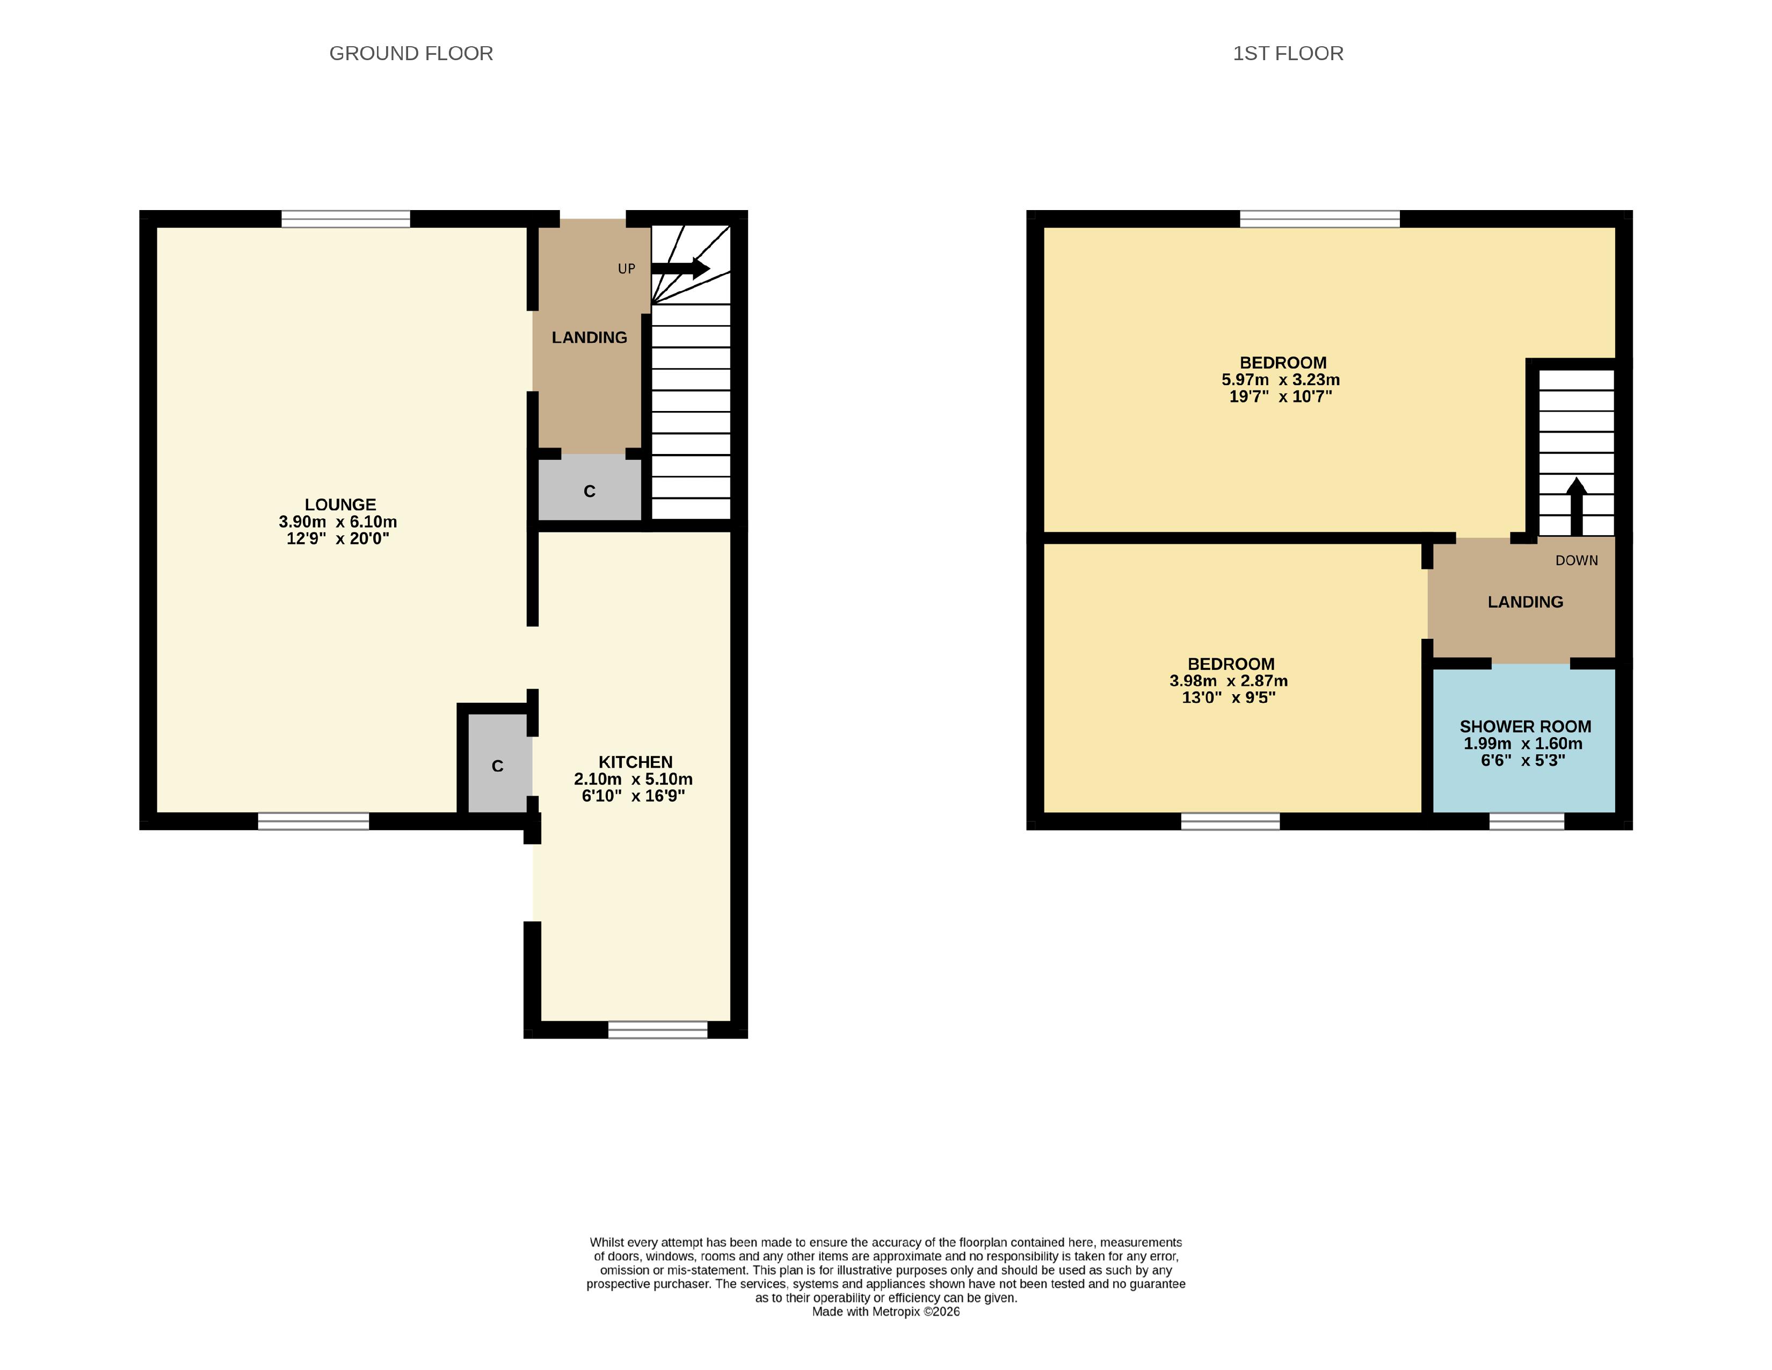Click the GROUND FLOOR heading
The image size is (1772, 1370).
[x=411, y=54]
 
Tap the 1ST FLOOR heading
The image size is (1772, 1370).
[x=1288, y=54]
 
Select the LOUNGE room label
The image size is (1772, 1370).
[x=340, y=505]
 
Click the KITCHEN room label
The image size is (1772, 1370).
[x=635, y=762]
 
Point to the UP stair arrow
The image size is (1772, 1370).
[x=680, y=269]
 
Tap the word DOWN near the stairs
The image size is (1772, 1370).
[x=1577, y=561]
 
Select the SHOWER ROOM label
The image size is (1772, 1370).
[x=1526, y=726]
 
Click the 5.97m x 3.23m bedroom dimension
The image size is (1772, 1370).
[x=1280, y=380]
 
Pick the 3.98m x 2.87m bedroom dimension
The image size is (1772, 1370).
[x=1229, y=681]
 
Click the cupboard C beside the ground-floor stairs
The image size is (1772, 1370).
[x=590, y=491]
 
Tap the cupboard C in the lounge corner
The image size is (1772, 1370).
[x=497, y=766]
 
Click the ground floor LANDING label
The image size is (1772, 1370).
[x=589, y=337]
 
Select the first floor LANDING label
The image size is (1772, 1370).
[x=1526, y=602]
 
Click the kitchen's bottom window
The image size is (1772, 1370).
[x=657, y=1029]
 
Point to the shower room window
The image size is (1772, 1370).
[x=1526, y=821]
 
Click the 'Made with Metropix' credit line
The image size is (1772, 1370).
[x=886, y=1311]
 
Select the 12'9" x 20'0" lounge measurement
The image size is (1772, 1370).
[x=338, y=539]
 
